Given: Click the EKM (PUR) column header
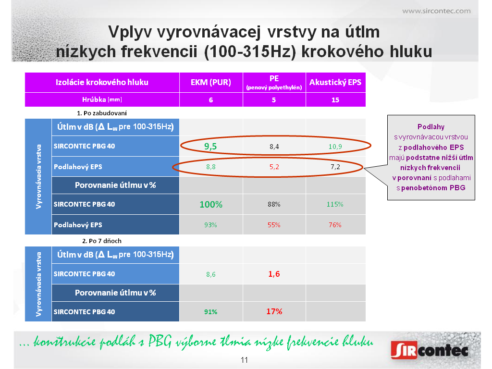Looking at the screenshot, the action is click(211, 82).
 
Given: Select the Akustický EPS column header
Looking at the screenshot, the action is click(335, 82).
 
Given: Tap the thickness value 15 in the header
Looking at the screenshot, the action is click(335, 100).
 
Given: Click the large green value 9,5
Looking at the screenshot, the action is click(210, 146).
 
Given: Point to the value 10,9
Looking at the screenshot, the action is click(335, 147).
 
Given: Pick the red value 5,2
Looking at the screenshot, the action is click(274, 167).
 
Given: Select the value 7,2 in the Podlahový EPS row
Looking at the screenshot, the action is click(335, 167).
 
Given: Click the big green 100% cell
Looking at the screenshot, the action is click(211, 205).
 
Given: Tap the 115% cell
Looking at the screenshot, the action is click(335, 204).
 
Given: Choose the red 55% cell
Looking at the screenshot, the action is click(273, 225).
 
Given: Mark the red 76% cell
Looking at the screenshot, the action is click(335, 225).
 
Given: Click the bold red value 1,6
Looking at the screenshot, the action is click(274, 274).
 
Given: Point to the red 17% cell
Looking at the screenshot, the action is click(274, 311).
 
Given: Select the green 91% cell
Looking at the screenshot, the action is click(210, 312).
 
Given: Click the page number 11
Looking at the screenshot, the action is click(244, 360).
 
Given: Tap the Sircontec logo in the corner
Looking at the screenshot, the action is click(430, 350).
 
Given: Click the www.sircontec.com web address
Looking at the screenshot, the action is click(436, 12).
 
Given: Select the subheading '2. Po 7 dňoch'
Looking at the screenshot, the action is click(102, 241).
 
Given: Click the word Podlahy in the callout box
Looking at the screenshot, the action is click(431, 127).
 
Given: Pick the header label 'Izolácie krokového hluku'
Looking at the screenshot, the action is click(102, 82).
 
